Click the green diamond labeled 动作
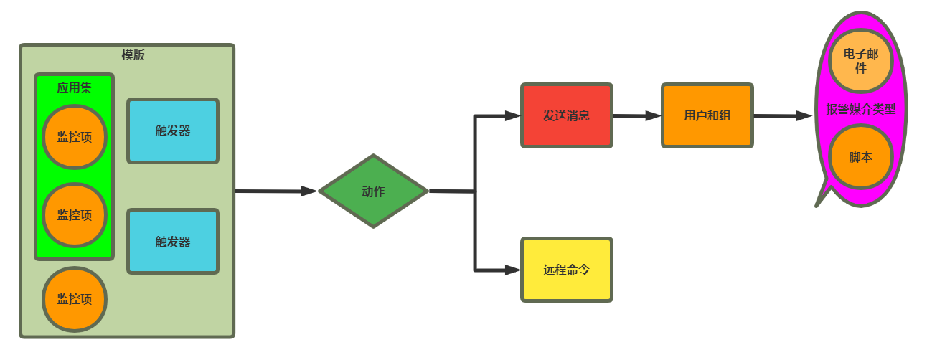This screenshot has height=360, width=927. point(373,191)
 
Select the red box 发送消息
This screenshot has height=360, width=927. point(566,115)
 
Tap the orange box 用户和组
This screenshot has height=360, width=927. point(707,115)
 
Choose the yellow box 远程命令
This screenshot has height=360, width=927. point(566,270)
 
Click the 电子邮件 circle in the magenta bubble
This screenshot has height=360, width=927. point(860,60)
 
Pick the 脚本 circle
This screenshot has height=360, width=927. point(860,157)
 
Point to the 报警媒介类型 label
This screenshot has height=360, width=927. point(861,109)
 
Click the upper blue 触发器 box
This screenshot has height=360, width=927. point(173,131)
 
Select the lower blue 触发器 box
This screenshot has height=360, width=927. point(173,242)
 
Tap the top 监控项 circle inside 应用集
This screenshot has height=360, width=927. point(75,137)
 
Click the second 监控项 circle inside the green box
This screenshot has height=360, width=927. point(75,214)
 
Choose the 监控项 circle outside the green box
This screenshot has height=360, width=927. point(75,299)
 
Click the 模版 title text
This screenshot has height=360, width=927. point(133,55)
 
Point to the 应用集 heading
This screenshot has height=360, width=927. point(75,87)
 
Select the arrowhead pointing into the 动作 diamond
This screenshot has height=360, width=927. point(309,191)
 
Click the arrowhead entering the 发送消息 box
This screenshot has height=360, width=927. point(512,115)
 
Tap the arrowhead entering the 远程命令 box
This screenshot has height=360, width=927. point(512,270)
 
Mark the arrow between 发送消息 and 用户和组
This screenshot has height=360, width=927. point(636,115)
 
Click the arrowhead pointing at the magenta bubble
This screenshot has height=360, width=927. point(804,115)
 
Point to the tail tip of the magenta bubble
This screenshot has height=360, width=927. point(817,206)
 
